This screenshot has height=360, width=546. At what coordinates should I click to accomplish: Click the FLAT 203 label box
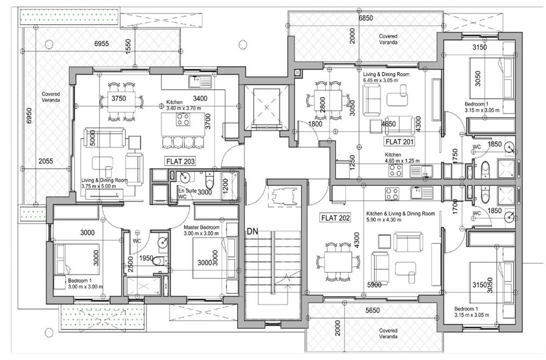180,161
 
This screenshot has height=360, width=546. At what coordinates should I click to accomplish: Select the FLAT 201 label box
399,142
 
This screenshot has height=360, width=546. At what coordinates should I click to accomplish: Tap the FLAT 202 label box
335,218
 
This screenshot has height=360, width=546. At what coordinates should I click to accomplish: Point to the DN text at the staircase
253,231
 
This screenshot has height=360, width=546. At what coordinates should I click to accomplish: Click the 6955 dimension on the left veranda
101,44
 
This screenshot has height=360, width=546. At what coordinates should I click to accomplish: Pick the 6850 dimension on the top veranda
366,18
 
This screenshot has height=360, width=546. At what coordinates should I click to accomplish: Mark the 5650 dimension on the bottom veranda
372,310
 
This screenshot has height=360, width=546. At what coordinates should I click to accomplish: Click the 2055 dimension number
46,161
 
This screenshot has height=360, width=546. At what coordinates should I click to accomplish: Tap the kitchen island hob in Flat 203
183,119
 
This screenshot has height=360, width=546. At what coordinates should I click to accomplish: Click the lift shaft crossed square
267,108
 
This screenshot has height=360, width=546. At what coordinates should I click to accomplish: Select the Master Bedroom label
201,227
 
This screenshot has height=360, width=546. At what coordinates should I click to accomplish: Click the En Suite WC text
187,194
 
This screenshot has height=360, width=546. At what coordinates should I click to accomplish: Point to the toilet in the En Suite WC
209,180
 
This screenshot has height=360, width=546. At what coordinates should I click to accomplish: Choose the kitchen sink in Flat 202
421,193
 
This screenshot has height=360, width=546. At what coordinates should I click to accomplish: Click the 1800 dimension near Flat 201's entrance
315,124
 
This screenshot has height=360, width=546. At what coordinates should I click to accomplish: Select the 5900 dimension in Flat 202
374,285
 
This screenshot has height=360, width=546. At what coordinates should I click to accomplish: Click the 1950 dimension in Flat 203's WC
146,258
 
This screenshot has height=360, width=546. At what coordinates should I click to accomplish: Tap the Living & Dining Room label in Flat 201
386,74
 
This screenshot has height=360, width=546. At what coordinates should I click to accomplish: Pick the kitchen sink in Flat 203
200,82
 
